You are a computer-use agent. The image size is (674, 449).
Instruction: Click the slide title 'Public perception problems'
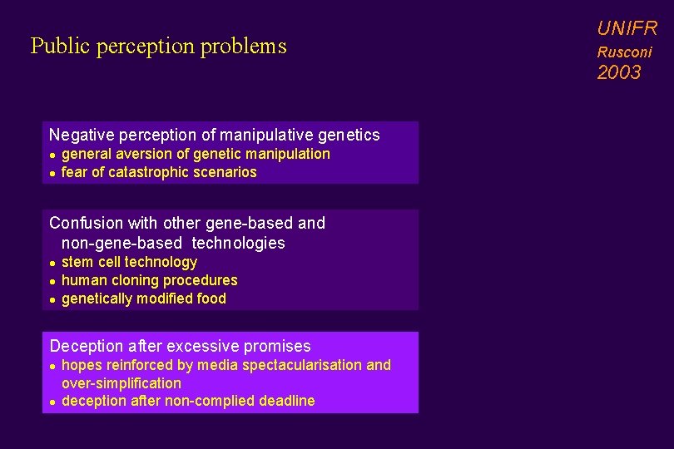point(158,46)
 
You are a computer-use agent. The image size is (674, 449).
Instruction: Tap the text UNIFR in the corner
point(627,29)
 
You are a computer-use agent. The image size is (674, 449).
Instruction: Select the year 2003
point(619,72)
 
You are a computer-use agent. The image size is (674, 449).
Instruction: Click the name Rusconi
point(624,52)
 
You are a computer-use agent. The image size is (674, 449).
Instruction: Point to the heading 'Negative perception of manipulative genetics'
point(214,135)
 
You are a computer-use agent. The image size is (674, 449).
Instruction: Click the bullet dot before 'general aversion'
point(52,155)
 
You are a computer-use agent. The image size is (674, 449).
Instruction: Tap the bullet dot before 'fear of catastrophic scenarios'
point(52,173)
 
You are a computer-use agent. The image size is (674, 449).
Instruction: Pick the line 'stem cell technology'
point(129,262)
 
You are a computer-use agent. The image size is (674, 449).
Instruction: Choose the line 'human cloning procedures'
point(149,280)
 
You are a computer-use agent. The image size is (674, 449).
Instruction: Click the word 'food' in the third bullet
point(211,299)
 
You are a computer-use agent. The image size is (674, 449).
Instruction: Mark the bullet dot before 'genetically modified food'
point(52,299)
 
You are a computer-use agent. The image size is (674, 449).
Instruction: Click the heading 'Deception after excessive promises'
point(180,346)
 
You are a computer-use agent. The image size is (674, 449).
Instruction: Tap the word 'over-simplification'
point(121,383)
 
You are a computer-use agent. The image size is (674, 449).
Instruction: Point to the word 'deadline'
point(288,401)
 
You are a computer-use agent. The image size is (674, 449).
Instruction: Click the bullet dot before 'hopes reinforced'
point(52,366)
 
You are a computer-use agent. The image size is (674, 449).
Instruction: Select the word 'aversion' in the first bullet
point(161,154)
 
